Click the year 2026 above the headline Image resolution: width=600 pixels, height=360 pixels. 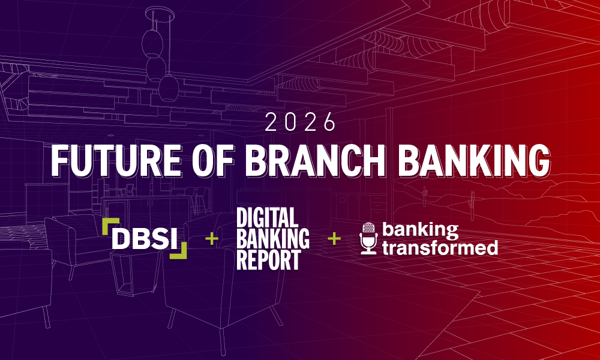coord(301,122)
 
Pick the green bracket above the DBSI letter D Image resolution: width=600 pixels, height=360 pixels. coord(110,224)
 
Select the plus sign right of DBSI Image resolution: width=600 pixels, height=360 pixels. coord(211,239)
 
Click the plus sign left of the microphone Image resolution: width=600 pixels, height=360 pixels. coord(334,239)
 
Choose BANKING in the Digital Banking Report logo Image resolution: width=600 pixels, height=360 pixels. coord(273,239)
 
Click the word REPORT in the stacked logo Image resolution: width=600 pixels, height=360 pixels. coord(268,260)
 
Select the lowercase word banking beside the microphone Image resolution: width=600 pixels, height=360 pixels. coord(420,230)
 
